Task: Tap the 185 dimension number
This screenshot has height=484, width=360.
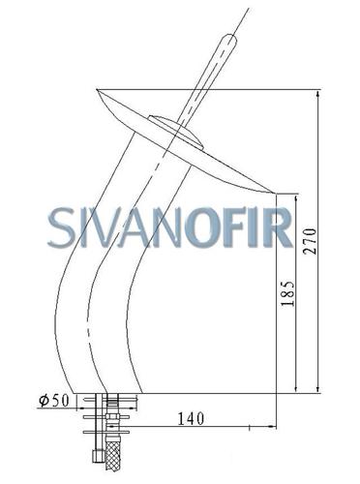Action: [x=287, y=293]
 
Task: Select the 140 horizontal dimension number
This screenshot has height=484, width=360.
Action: [x=191, y=419]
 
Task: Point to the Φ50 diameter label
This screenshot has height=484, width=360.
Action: [x=54, y=401]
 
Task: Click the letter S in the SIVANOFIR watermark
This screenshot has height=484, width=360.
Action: [x=61, y=227]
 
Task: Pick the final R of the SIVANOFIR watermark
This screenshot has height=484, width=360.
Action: [x=279, y=227]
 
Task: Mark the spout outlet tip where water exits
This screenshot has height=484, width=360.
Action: [x=274, y=193]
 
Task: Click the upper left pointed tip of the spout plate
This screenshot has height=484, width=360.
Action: [x=98, y=90]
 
